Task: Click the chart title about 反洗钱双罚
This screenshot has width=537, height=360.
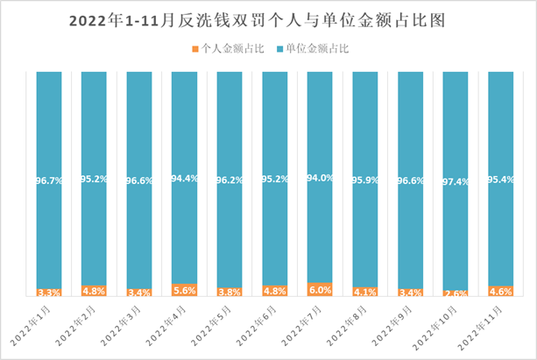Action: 268,20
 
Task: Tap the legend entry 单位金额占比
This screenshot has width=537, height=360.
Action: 314,50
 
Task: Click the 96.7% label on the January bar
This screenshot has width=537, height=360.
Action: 49,180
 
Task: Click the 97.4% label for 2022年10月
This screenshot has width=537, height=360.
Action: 456,180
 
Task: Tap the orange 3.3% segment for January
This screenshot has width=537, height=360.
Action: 49,293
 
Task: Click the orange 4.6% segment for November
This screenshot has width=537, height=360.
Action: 501,291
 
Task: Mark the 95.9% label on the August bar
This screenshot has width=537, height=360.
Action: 365,180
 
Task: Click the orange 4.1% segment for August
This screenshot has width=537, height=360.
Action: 365,292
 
